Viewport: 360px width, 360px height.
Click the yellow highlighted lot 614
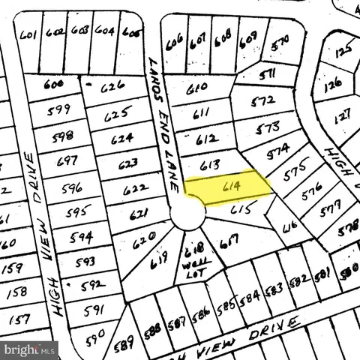coord(229,187)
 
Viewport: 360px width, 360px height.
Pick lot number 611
coord(201,115)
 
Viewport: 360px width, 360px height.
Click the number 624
coord(121,139)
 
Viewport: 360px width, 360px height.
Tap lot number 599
coord(58,109)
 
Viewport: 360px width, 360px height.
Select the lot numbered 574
coord(278,149)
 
